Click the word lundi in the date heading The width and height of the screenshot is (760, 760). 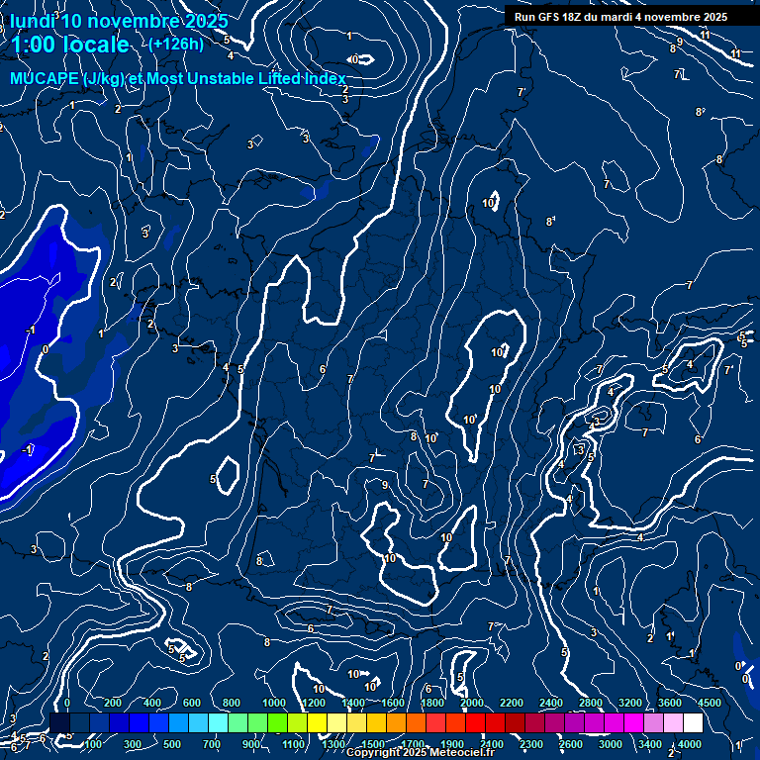(x=33, y=21)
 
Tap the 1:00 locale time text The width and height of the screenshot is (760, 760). (x=69, y=45)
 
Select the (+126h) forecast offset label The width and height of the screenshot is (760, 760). (x=176, y=44)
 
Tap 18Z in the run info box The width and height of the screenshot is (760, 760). (x=586, y=17)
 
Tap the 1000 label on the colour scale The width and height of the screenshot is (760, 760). (x=274, y=703)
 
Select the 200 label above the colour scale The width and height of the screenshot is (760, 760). (x=113, y=703)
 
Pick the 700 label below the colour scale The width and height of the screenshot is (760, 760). (x=211, y=744)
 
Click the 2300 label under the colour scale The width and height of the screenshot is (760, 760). (x=531, y=744)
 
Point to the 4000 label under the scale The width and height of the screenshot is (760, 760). (x=690, y=744)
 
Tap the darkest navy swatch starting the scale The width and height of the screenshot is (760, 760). (x=59, y=723)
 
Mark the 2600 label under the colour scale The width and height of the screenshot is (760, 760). (x=571, y=744)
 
